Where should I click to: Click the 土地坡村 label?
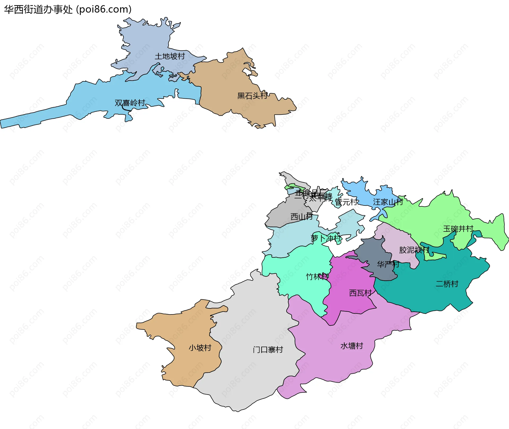pyautogui.click(x=170, y=56)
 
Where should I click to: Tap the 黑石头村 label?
pyautogui.click(x=252, y=96)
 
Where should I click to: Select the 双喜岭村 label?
pyautogui.click(x=130, y=103)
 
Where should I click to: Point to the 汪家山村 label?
pyautogui.click(x=388, y=202)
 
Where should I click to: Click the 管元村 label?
pyautogui.click(x=346, y=202)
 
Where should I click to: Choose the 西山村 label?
pyautogui.click(x=301, y=217)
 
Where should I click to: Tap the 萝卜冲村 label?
pyautogui.click(x=326, y=238)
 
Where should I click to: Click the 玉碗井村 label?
pyautogui.click(x=458, y=229)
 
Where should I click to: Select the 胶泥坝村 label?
pyautogui.click(x=414, y=250)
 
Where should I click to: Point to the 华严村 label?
pyautogui.click(x=388, y=264)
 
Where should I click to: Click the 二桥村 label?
pyautogui.click(x=447, y=284)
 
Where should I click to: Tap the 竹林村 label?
pyautogui.click(x=317, y=277)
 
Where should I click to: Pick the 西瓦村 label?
pyautogui.click(x=360, y=293)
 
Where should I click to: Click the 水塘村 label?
pyautogui.click(x=352, y=346)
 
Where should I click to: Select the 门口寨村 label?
pyautogui.click(x=268, y=349)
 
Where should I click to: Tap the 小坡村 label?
pyautogui.click(x=200, y=348)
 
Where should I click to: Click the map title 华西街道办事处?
pyautogui.click(x=38, y=10)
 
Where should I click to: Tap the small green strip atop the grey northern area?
pyautogui.click(x=294, y=186)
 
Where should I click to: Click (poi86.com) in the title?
pyautogui.click(x=104, y=10)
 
